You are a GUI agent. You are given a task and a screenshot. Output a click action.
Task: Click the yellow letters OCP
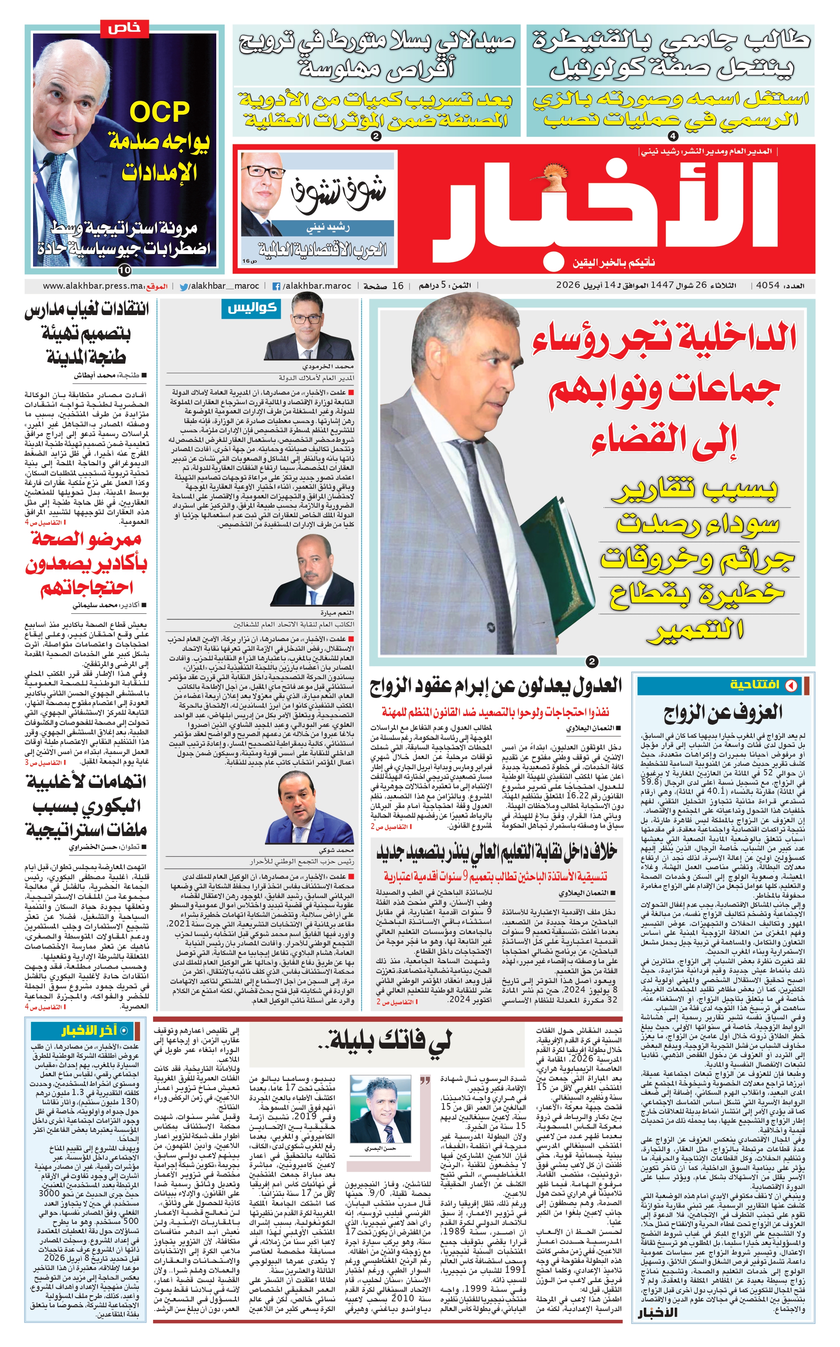[159, 113]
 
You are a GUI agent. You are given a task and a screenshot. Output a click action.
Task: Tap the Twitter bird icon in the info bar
[183, 287]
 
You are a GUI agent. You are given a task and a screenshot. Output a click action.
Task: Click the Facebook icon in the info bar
[276, 287]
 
